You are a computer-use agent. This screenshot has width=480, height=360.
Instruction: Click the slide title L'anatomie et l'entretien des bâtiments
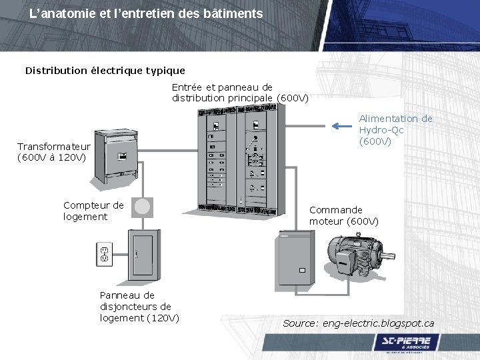click(146, 13)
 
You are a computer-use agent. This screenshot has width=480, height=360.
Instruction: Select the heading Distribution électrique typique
click(105, 70)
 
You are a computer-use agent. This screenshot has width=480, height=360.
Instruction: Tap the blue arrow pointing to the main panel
click(343, 125)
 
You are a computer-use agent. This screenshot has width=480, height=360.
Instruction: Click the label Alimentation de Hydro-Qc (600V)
click(395, 130)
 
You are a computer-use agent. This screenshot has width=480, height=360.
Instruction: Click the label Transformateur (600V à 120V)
click(53, 152)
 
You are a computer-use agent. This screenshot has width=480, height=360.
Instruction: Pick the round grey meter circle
click(142, 207)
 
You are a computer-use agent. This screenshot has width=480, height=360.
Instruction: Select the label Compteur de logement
click(93, 211)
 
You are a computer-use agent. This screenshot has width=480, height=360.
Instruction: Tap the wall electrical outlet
click(104, 253)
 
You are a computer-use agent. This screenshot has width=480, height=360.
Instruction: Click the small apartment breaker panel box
click(143, 257)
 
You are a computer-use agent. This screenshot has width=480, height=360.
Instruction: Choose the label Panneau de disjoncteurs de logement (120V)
click(139, 306)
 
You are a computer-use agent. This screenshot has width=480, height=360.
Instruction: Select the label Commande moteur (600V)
click(343, 215)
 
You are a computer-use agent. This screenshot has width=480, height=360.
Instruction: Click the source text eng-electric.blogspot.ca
click(358, 323)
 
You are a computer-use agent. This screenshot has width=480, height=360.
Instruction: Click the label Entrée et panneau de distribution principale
click(240, 93)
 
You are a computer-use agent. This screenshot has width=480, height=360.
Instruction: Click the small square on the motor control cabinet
click(301, 270)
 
